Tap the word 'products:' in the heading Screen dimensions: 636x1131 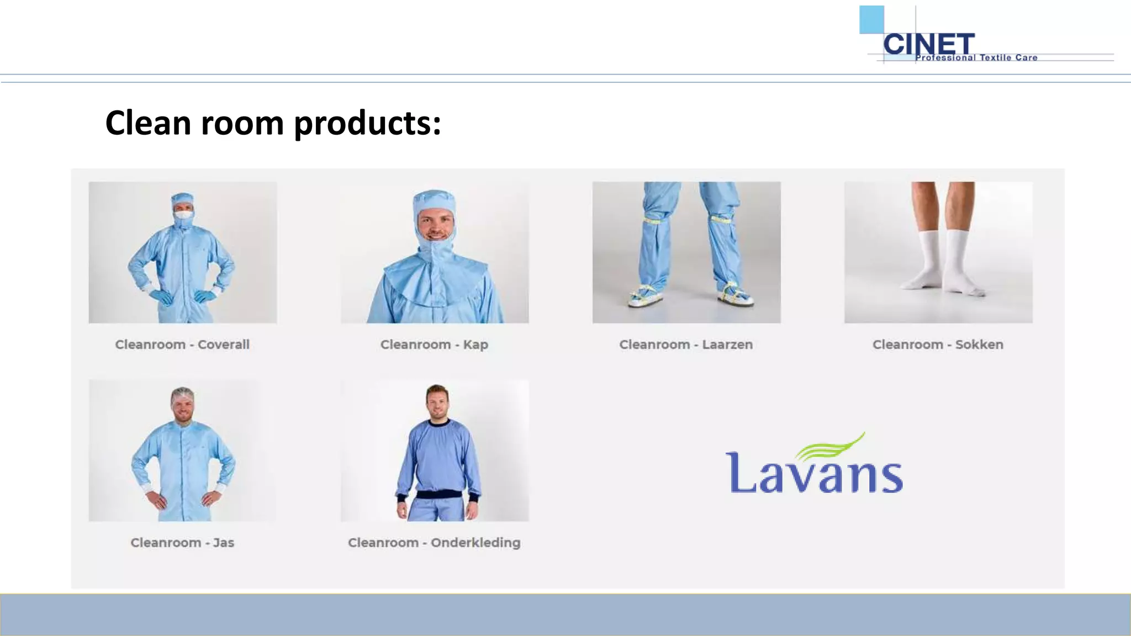click(x=367, y=123)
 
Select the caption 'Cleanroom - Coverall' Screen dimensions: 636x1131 click(x=182, y=344)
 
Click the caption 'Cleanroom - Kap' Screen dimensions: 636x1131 click(x=434, y=344)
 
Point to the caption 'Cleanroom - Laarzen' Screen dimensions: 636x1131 click(x=686, y=344)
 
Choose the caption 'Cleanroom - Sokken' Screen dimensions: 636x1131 click(x=938, y=344)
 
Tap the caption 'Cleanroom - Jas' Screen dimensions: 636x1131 click(x=182, y=543)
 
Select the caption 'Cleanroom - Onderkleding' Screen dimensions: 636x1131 click(x=434, y=543)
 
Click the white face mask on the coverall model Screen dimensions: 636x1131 click(x=183, y=215)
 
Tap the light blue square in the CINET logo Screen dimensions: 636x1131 click(x=871, y=19)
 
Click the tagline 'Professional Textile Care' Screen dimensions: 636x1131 click(x=976, y=57)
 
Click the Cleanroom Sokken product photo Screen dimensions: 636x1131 click(x=938, y=252)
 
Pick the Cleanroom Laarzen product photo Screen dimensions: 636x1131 click(x=686, y=252)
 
